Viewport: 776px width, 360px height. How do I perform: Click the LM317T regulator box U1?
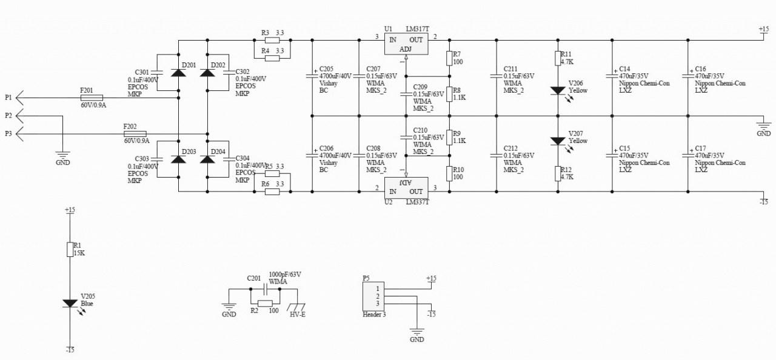point(406,43)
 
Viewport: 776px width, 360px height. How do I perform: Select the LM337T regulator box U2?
point(406,187)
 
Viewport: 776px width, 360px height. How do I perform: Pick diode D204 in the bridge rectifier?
point(208,159)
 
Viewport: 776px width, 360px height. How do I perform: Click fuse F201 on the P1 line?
point(92,97)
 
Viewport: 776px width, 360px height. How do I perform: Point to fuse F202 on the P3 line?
point(135,133)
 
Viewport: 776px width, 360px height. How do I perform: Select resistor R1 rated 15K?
point(70,249)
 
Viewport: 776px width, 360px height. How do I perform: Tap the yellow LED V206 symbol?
point(558,90)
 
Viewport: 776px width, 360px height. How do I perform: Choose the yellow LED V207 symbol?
point(558,141)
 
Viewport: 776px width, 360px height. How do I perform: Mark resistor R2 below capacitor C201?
point(265,303)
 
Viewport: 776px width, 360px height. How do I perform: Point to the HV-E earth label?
point(297,315)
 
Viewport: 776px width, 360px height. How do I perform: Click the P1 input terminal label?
point(8,97)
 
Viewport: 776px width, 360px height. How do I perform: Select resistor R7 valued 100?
point(449,58)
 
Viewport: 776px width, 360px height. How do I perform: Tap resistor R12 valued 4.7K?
point(558,173)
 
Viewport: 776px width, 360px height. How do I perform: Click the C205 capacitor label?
point(326,69)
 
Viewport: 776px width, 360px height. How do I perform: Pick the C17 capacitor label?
point(700,148)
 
